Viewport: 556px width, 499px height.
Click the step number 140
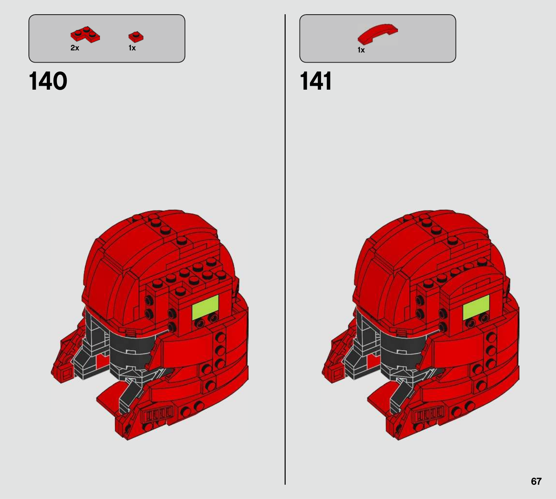click(48, 81)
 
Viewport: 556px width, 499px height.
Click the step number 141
click(316, 81)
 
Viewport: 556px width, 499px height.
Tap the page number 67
click(536, 481)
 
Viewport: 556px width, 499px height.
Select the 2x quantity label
click(75, 48)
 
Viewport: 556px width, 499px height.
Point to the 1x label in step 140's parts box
click(132, 48)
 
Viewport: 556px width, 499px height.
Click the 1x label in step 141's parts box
click(361, 50)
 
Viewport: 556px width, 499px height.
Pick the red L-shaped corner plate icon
click(85, 34)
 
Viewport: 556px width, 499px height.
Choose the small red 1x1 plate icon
click(136, 37)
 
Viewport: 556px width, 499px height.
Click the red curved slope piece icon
click(377, 34)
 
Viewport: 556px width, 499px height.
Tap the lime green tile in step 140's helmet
click(205, 307)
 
